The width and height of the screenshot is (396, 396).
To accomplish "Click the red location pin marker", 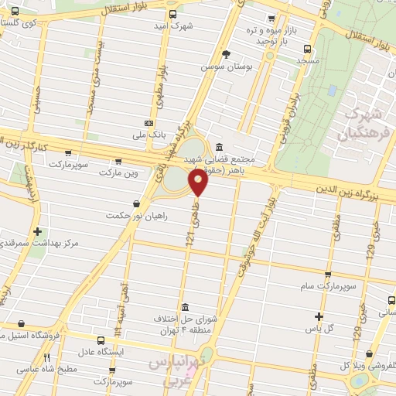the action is [x=198, y=183].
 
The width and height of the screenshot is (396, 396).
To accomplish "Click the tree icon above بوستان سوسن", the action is [x=225, y=54].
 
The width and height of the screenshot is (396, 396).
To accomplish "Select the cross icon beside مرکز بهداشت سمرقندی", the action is [x=37, y=231].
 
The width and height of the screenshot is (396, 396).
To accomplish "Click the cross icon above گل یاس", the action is [x=319, y=316].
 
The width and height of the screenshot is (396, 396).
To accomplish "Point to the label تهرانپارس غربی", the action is [x=177, y=369].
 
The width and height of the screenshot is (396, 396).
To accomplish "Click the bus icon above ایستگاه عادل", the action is [x=101, y=340].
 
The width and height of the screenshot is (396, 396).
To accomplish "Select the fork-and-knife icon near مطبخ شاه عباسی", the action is [x=47, y=357].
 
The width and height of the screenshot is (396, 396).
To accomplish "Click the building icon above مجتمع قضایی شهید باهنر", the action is [x=219, y=147].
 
